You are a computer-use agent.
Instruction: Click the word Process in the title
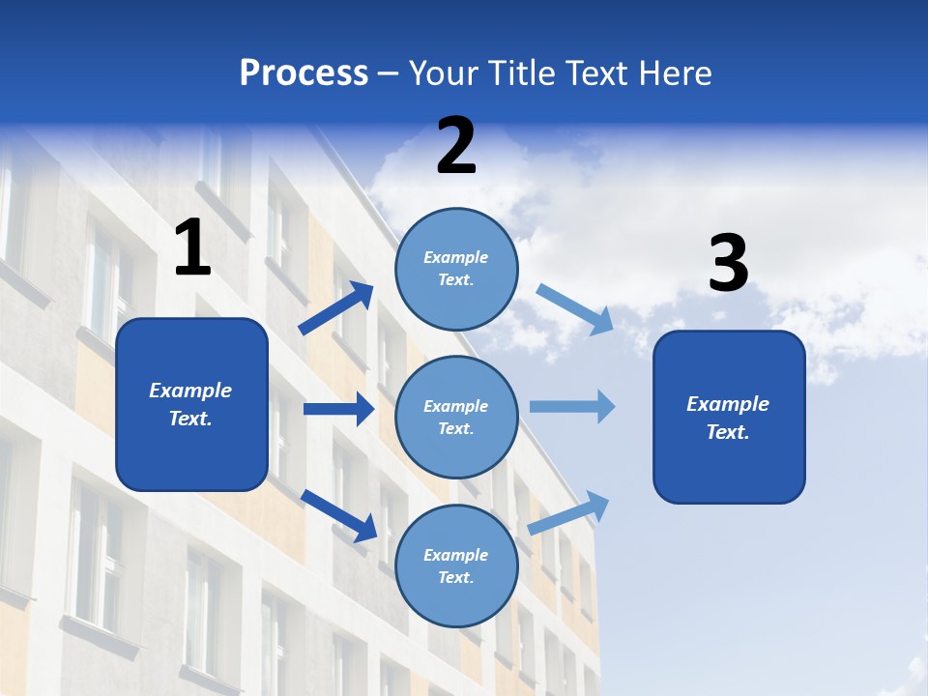304,72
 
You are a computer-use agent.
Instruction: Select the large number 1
192,248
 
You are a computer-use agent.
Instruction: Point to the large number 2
456,147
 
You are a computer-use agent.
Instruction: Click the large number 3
728,265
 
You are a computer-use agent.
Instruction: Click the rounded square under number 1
191,404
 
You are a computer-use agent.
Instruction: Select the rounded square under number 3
729,418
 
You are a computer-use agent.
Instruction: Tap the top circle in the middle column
456,269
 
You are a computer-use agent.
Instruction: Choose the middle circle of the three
456,417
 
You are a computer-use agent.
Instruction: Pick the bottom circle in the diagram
456,565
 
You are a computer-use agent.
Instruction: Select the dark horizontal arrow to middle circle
338,409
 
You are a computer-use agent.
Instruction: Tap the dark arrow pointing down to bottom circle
338,514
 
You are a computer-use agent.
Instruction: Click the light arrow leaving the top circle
574,308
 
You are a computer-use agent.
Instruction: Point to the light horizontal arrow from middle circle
571,406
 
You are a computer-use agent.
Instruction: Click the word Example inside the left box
190,391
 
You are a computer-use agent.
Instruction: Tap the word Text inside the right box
727,432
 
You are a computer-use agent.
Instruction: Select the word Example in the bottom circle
455,555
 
